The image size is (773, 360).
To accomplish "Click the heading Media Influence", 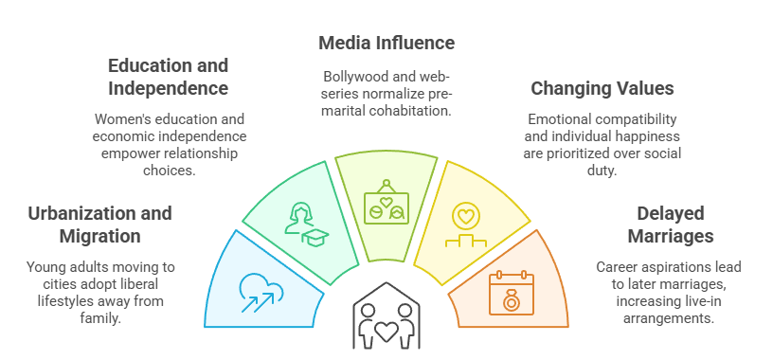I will [386, 44].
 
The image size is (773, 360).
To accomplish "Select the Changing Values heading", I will [602, 89].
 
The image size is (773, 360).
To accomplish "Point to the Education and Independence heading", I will [168, 78].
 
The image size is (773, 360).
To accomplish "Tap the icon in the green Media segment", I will [386, 202].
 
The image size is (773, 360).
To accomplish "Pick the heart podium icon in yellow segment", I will [465, 225].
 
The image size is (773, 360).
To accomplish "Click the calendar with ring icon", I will [512, 292].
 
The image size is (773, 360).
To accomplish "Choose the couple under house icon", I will [386, 320].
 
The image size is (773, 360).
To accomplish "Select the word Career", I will [617, 267].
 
